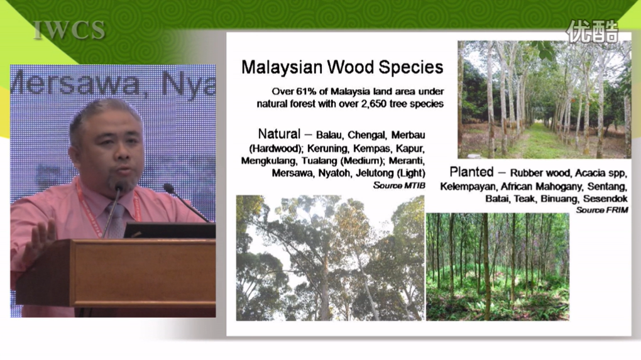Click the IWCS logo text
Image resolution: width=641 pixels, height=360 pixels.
tap(69, 30)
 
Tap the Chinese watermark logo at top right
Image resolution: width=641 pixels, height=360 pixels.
tap(592, 31)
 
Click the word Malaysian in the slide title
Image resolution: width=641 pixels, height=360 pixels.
tap(282, 67)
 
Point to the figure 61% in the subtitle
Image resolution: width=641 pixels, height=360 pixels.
tap(316, 92)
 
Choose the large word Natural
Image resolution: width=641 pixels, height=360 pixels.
tap(279, 134)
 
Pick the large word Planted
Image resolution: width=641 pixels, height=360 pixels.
tap(471, 172)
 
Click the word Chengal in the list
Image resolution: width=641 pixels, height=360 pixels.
tap(366, 135)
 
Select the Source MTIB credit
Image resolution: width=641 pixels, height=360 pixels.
tap(399, 185)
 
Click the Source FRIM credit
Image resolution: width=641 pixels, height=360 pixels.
tap(602, 210)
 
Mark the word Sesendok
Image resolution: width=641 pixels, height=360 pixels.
tap(605, 199)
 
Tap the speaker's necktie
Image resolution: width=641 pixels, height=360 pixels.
tap(116, 220)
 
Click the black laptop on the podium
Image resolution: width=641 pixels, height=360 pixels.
tap(170, 231)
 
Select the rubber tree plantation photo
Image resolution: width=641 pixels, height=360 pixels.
tap(544, 99)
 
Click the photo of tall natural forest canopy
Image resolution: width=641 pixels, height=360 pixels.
tap(331, 258)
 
